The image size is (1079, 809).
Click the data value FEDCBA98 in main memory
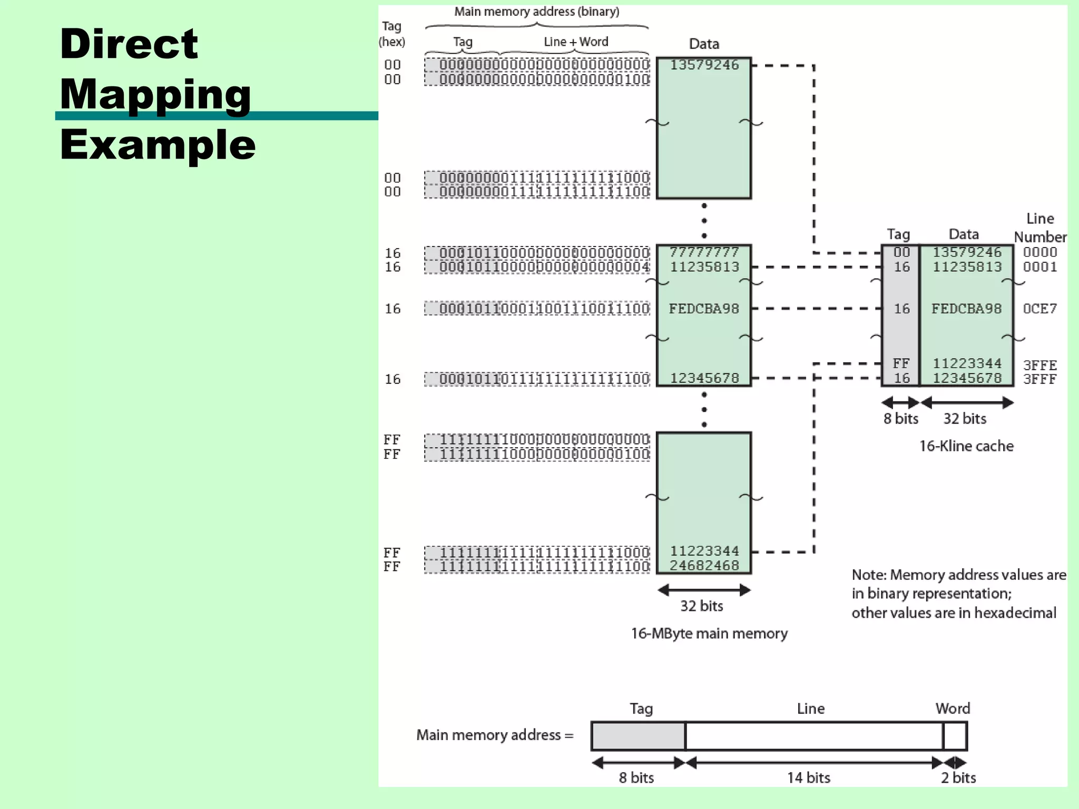tap(704, 309)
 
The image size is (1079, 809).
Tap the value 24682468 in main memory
tap(704, 565)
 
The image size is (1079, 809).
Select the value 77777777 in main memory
tap(704, 252)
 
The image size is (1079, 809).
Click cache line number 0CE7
tap(1039, 309)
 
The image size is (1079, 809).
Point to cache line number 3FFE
tap(1039, 364)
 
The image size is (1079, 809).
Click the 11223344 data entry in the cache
tap(967, 363)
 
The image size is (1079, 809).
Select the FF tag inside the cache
tap(901, 363)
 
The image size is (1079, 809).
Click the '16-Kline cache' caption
tap(966, 446)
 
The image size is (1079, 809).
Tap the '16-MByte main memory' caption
tap(709, 633)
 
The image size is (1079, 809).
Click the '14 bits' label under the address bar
tap(808, 777)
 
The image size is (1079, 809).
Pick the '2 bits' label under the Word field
tap(958, 777)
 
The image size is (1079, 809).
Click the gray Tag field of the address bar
tap(638, 736)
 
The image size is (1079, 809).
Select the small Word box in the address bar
tap(955, 736)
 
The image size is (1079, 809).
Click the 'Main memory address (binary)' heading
tap(537, 12)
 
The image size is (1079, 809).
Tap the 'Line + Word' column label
tap(576, 42)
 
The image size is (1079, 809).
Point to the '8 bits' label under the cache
tap(900, 419)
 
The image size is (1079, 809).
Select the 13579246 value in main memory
tap(704, 65)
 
